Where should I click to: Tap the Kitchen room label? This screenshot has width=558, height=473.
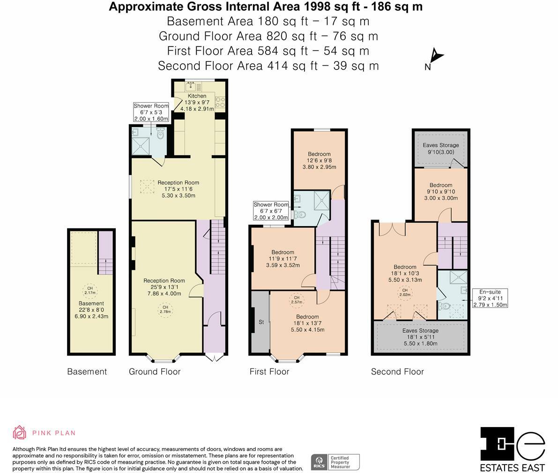pos(197,96)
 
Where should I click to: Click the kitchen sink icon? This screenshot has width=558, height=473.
pos(192,86)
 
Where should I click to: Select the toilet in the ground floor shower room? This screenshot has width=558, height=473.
pos(161,133)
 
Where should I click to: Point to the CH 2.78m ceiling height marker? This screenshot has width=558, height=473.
pos(165,309)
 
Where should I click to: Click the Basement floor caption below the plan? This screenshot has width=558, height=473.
pos(87,372)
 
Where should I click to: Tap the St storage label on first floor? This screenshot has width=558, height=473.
pos(261,322)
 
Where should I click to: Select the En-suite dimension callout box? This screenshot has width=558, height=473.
pos(490,298)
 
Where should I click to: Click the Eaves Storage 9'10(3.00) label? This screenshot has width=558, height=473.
pos(440,148)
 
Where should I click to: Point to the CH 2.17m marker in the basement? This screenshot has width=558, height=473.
pos(90,290)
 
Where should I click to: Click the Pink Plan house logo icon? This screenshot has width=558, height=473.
pos(20,432)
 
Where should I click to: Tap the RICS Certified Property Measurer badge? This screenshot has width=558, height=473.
pos(335,462)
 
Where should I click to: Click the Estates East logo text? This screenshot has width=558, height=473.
pos(512,467)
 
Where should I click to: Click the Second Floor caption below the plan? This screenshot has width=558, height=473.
pos(397,372)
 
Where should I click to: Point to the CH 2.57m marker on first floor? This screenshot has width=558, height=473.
pos(297,300)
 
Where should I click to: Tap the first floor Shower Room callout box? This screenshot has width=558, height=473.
pos(271,211)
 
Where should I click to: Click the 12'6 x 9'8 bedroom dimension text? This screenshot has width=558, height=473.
pos(319,160)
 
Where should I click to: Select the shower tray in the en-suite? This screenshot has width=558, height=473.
pos(458,277)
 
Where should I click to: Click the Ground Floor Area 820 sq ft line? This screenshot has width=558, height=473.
pos(268,36)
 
